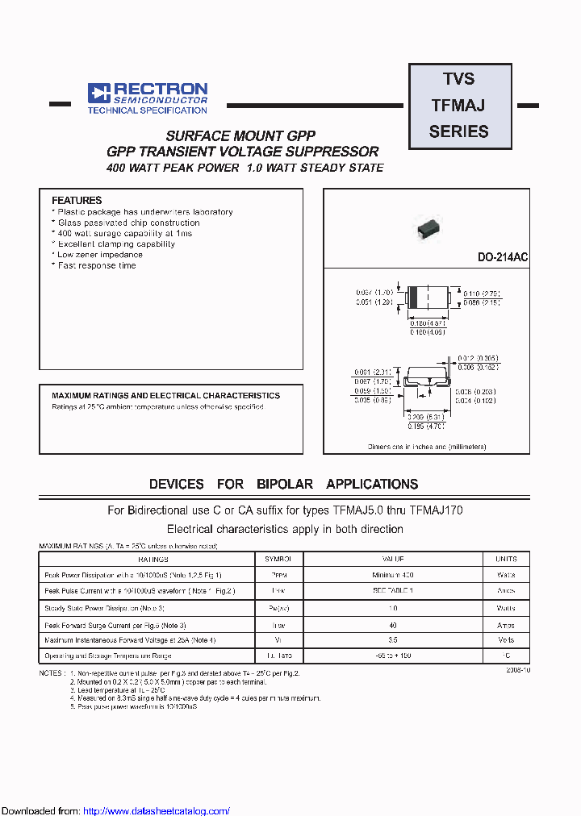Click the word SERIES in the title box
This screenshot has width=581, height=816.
459,131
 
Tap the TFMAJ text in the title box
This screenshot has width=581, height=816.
458,105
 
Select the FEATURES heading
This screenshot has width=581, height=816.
77,200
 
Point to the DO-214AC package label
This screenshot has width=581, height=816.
503,257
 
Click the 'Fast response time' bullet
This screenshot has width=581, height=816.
97,265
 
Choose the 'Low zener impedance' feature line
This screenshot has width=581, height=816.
100,255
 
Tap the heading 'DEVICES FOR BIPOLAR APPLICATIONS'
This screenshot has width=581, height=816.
283,485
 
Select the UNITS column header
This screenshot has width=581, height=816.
506,558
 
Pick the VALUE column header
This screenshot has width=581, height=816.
393,558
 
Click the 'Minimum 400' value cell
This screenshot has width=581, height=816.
393,575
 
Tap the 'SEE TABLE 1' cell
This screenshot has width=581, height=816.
393,591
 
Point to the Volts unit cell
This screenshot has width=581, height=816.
506,640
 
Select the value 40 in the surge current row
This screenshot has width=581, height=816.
393,624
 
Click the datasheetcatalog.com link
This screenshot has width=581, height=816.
157,811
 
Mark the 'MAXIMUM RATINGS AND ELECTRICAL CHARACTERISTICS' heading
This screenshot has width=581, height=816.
166,396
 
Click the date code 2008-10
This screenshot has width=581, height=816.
518,669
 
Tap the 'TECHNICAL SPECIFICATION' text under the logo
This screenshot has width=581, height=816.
147,110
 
